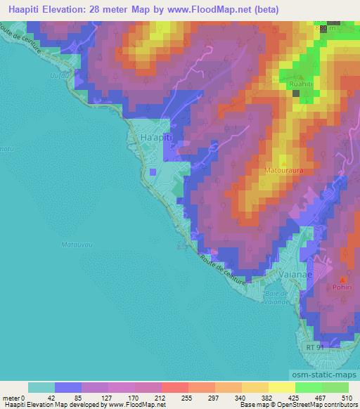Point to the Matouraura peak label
[284, 170]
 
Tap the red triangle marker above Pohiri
[344, 280]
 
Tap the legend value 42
[41, 398]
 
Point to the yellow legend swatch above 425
[282, 387]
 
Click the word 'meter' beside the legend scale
[11, 398]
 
